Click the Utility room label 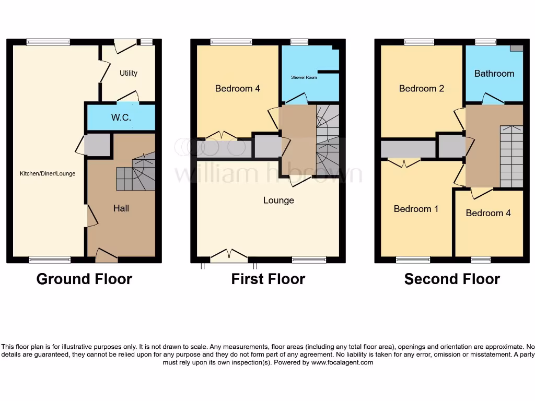[x=128, y=73]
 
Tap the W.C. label [x=121, y=118]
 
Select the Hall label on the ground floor [x=121, y=208]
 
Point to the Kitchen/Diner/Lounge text [x=48, y=174]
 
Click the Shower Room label [x=304, y=77]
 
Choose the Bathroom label [x=494, y=74]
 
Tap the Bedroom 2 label [x=421, y=89]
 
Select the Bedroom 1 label [x=416, y=209]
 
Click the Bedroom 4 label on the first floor [x=237, y=89]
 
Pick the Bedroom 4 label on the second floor [x=488, y=213]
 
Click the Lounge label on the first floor [x=278, y=200]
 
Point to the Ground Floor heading [x=84, y=279]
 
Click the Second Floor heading [x=452, y=279]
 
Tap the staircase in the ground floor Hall [x=135, y=172]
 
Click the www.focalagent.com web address [x=342, y=362]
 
